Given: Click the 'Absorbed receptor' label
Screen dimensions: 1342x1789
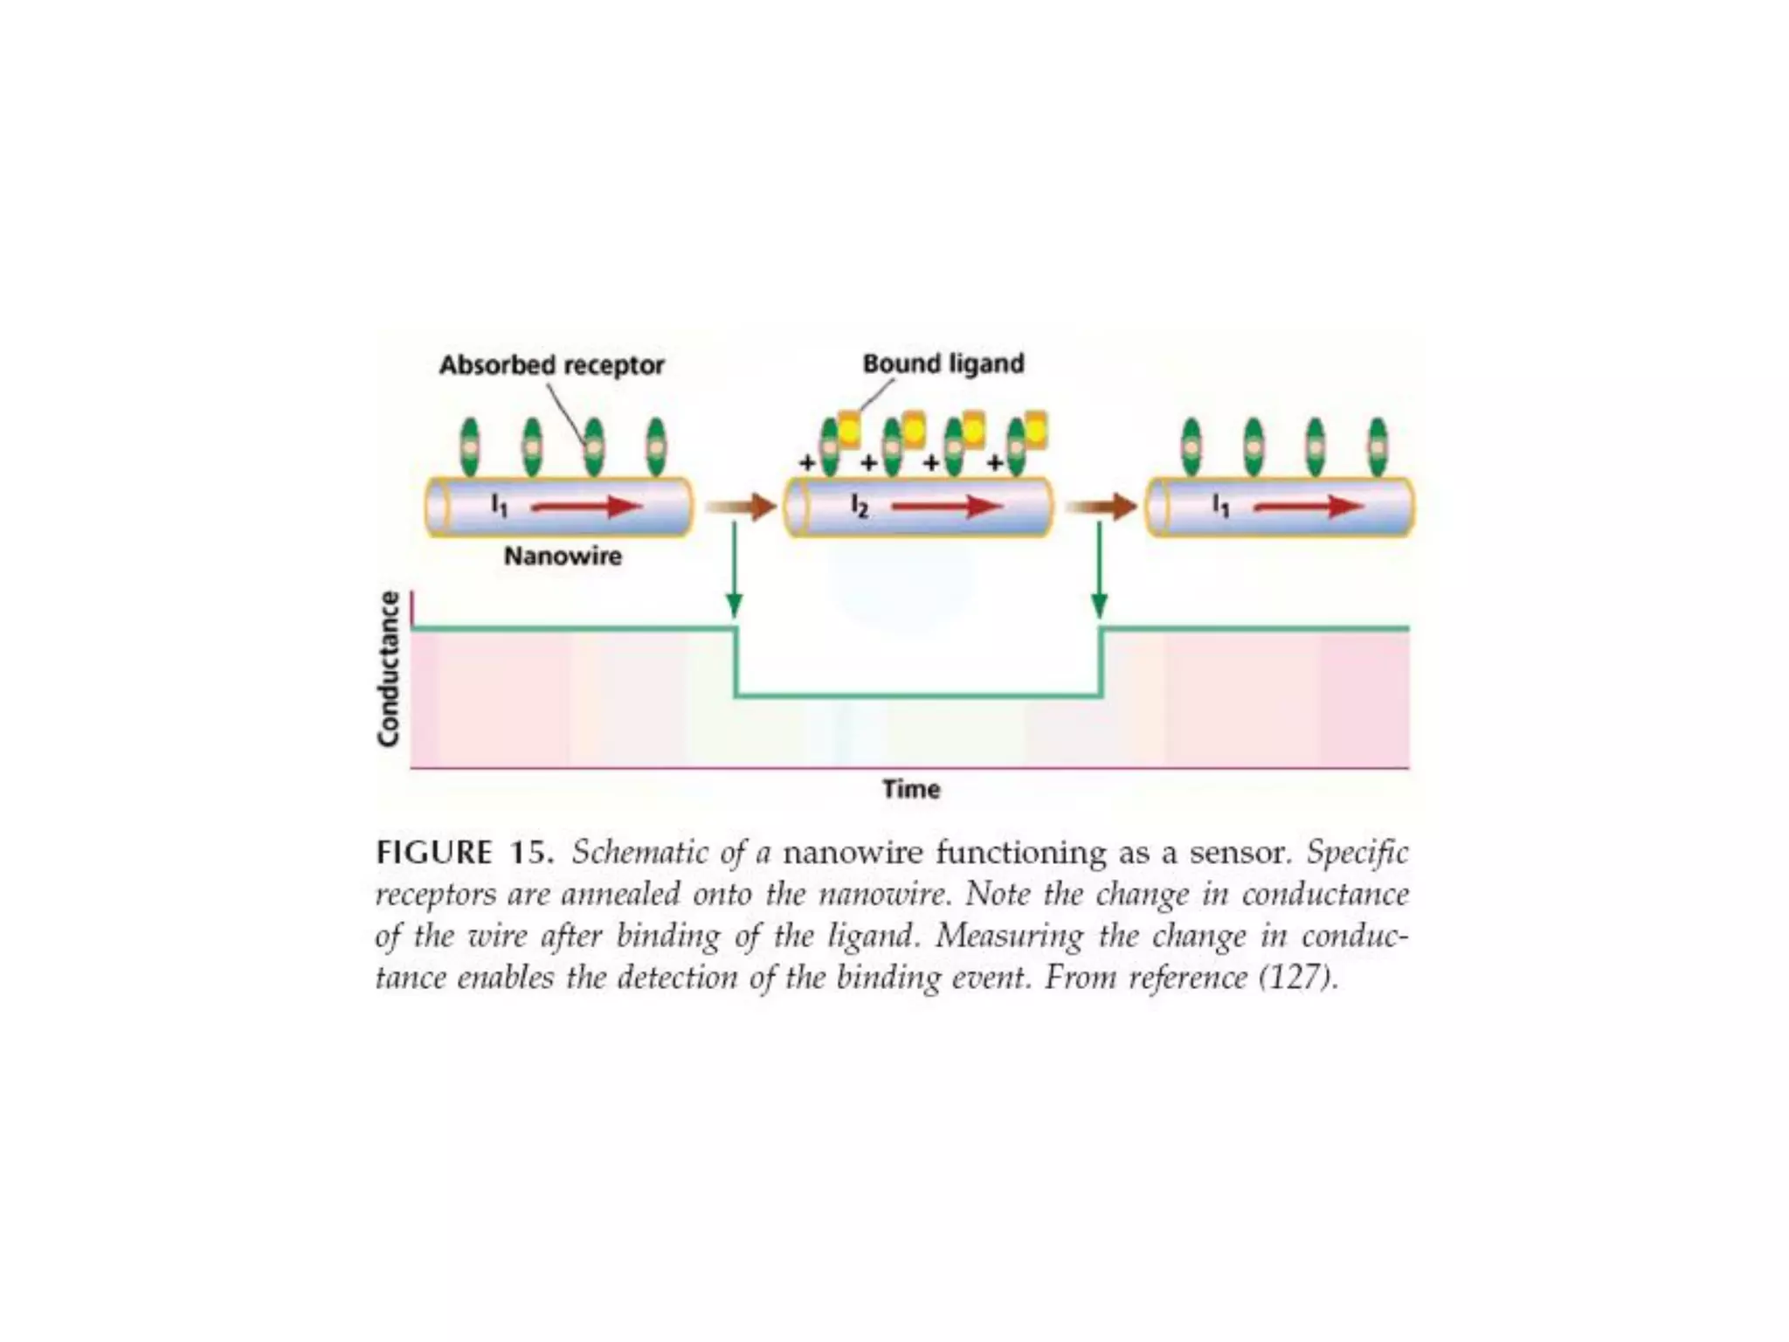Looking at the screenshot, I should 551,365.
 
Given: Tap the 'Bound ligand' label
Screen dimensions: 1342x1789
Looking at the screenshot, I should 943,363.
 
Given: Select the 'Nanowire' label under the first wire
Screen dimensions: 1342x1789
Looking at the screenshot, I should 563,557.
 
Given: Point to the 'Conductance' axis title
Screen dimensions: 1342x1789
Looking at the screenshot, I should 389,669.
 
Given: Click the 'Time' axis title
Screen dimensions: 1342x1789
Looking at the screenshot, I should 911,789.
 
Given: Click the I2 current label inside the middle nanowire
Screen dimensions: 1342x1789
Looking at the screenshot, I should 860,506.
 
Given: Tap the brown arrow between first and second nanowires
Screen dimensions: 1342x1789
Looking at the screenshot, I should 741,507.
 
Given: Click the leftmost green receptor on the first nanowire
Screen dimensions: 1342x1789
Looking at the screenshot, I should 470,446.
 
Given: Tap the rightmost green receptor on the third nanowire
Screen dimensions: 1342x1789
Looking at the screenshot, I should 1378,446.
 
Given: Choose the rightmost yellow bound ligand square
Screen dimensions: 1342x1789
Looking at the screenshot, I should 1035,429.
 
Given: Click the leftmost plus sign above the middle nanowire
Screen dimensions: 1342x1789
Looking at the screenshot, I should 807,463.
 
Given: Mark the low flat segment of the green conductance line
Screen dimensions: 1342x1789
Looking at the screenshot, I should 917,696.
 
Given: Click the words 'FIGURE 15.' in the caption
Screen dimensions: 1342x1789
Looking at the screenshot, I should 465,852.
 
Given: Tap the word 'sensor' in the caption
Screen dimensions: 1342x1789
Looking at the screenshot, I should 1240,852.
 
